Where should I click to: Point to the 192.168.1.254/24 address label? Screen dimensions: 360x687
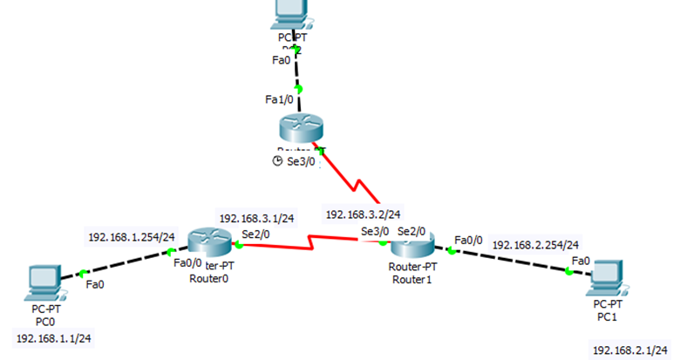coord(132,236)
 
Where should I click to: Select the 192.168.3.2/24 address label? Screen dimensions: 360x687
coord(363,214)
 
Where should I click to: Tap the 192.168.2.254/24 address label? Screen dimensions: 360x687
coord(535,245)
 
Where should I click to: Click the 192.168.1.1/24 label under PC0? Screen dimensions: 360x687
coord(54,337)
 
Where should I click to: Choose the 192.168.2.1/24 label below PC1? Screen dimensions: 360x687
coord(629,350)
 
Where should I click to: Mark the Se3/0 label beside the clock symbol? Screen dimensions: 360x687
coord(304,161)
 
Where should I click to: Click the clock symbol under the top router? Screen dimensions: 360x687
coord(278,161)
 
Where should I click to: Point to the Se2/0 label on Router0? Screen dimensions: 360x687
coord(255,233)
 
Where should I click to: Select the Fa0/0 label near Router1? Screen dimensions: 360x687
coord(468,239)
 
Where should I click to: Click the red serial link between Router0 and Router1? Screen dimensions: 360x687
coord(309,245)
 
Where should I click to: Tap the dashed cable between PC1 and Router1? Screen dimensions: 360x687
coord(510,262)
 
